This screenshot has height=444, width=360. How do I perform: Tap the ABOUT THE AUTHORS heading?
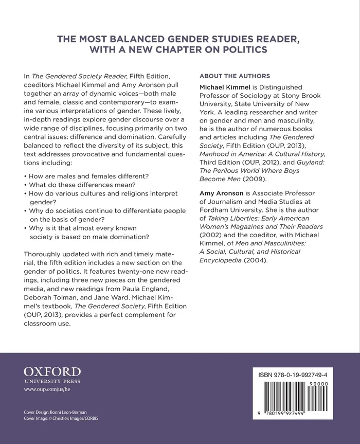click(234, 76)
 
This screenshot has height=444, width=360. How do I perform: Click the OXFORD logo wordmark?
click(52, 371)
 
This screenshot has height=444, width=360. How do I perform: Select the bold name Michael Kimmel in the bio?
click(224, 87)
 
